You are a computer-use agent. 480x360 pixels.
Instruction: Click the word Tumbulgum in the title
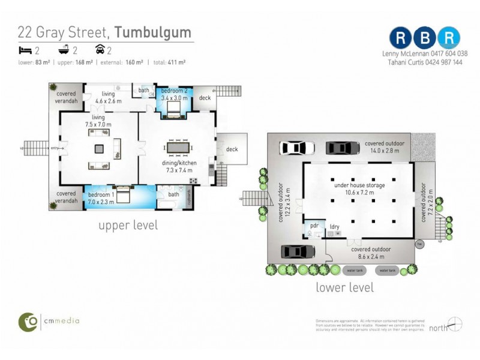coord(153,32)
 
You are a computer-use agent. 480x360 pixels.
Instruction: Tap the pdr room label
coord(313,226)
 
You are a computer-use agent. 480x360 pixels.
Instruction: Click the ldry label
coord(335,226)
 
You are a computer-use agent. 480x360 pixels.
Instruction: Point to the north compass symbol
coord(455,324)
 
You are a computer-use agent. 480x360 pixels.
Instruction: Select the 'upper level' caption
coord(128,225)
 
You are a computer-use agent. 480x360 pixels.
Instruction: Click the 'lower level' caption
coord(344,287)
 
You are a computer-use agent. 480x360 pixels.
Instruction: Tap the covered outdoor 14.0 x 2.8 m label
coord(384,148)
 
